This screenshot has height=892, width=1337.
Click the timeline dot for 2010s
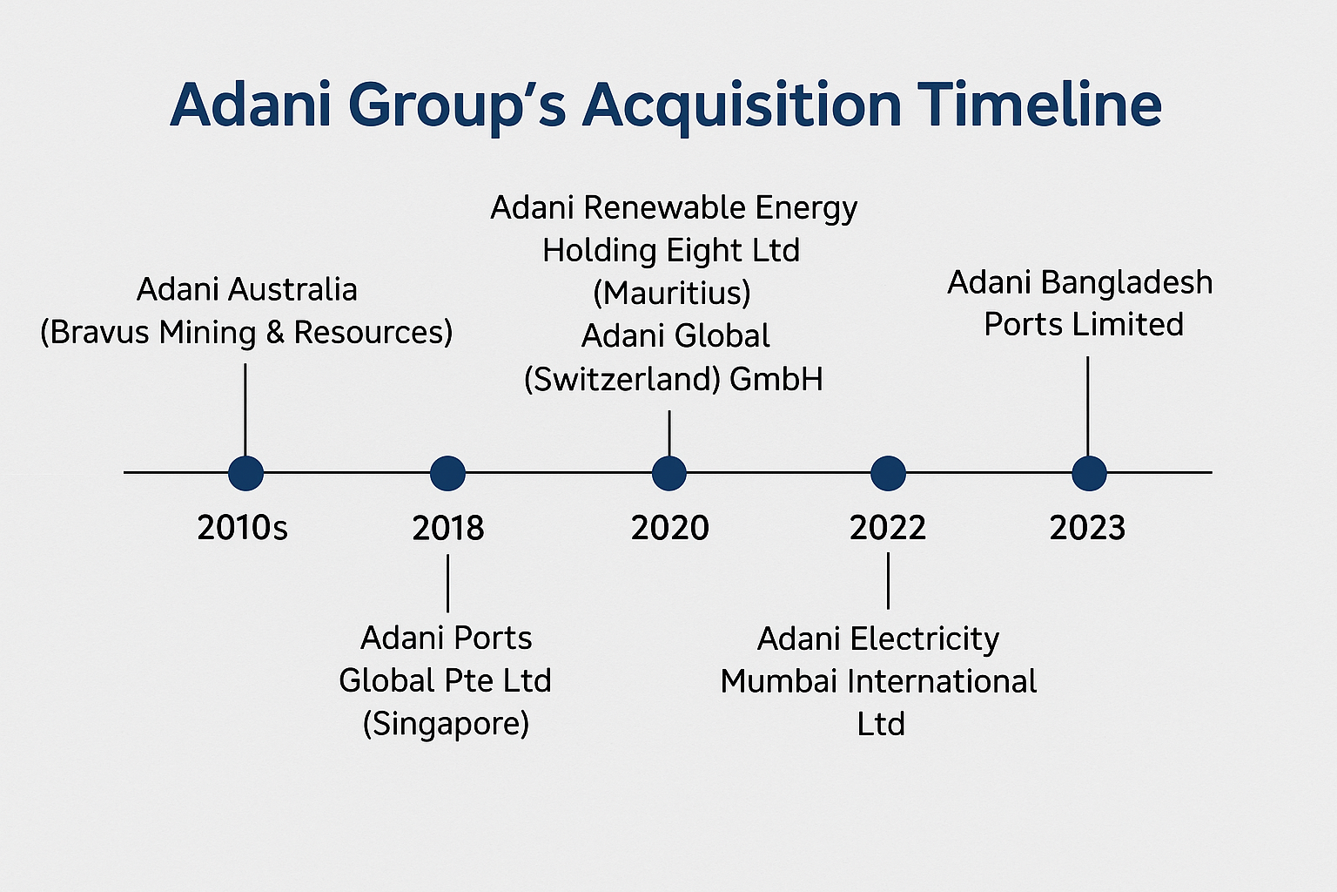point(246,473)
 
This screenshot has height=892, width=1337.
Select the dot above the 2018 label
point(447,473)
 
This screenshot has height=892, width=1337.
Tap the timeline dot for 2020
point(669,473)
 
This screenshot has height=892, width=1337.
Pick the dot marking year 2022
point(888,473)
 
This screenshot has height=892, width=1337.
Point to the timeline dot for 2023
point(1089,473)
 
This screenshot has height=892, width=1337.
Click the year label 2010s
point(242,528)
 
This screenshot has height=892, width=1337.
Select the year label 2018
point(448,528)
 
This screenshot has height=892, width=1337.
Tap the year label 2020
point(669,528)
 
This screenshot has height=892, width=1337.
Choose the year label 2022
point(888,528)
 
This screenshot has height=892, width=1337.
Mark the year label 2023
point(1087,528)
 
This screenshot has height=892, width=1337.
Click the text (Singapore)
point(446,725)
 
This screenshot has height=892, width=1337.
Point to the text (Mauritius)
point(672,294)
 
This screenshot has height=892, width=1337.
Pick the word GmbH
point(776,379)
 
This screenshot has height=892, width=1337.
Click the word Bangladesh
point(1127,282)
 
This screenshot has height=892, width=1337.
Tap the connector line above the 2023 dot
point(1087,406)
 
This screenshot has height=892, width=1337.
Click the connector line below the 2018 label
point(447,583)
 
